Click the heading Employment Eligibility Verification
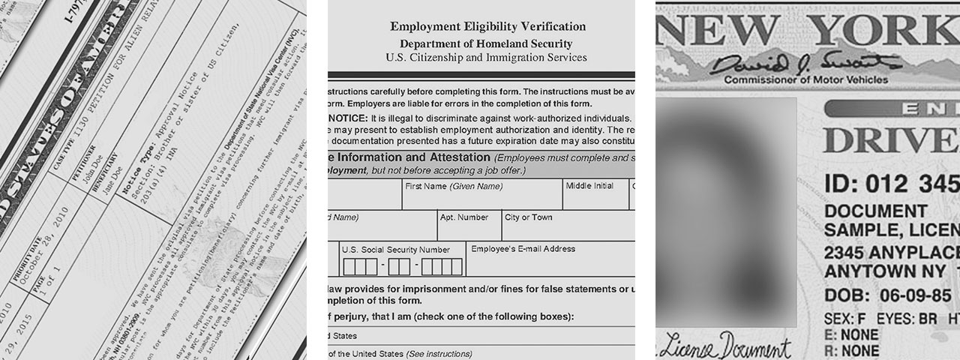(487, 27)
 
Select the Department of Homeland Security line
(486, 44)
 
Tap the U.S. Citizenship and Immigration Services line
(486, 58)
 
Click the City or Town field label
(528, 217)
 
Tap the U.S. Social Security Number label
(395, 250)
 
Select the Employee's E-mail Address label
(523, 248)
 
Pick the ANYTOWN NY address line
(889, 271)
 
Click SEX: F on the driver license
(843, 318)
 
